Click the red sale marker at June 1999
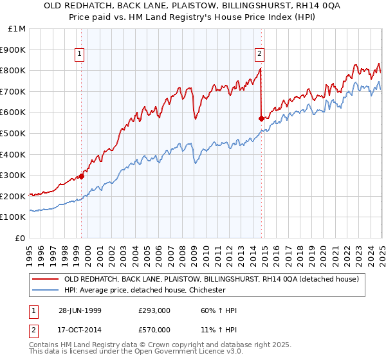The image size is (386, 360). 82,176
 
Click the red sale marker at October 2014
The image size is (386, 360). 261,118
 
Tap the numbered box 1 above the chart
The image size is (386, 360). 79,54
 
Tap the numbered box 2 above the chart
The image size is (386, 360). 259,54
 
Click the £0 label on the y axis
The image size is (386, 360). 21,238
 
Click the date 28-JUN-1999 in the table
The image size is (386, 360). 80,311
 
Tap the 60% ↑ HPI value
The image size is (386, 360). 219,311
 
